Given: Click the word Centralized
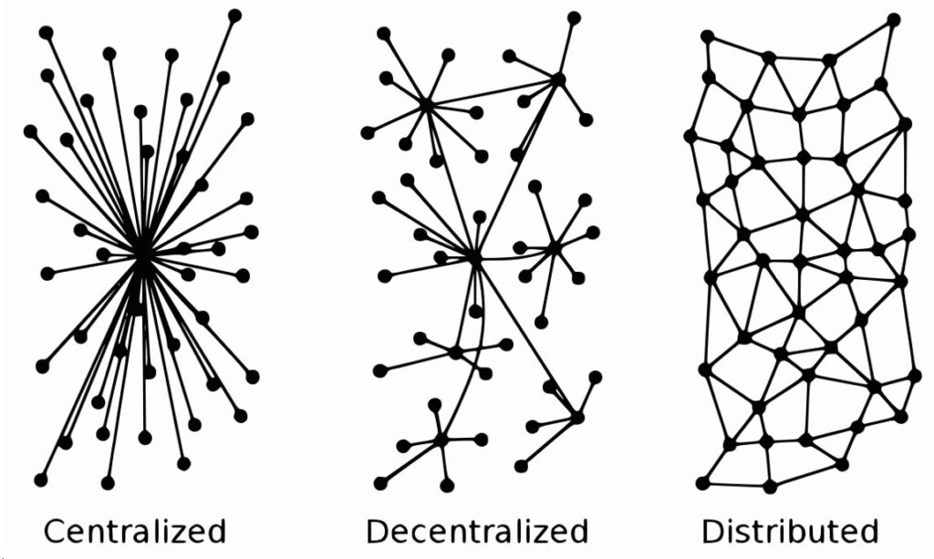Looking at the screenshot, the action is (135, 531).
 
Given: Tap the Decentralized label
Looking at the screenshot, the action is (477, 531).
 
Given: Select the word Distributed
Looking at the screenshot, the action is (790, 531).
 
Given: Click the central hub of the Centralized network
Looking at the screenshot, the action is (143, 257).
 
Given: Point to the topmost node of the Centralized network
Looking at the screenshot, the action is (234, 16).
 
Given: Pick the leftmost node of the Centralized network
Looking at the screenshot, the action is (30, 131).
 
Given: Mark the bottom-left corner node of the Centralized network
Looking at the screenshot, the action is (40, 480).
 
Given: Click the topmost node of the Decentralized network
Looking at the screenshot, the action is (574, 18).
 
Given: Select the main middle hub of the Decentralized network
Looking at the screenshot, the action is (474, 258).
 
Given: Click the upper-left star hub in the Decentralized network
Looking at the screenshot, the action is (427, 105).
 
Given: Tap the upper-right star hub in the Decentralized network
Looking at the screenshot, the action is (558, 78).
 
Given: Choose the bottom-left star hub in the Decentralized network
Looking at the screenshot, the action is (441, 440).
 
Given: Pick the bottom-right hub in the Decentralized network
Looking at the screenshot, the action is (576, 418).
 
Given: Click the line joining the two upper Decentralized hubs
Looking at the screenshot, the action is (492, 92).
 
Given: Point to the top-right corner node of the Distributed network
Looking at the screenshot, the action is (894, 20).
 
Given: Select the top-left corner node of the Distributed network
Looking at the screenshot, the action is (707, 36).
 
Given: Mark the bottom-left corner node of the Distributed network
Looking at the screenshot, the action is (703, 482).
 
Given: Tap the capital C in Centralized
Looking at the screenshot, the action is (56, 531).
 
